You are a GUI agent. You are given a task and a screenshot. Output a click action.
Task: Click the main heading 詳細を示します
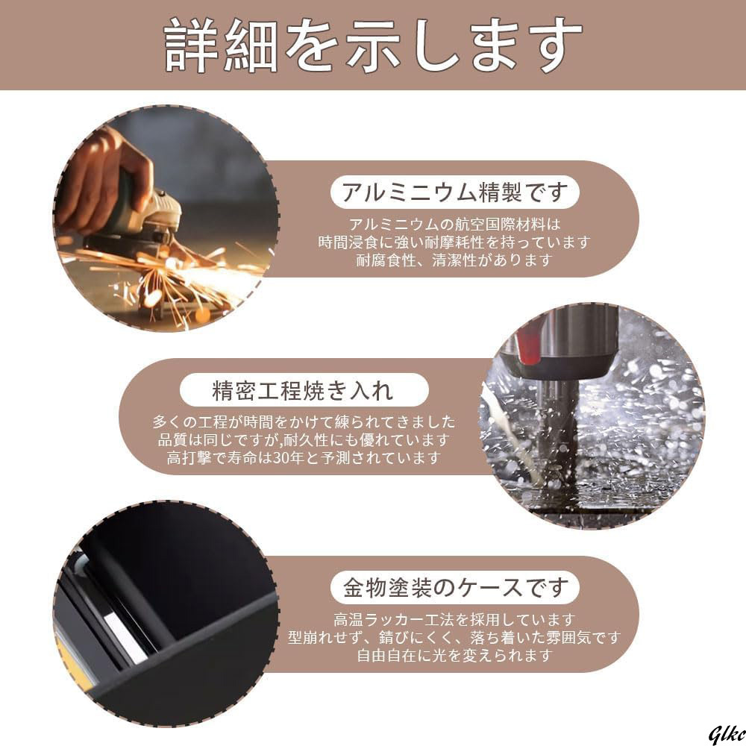pyautogui.click(x=373, y=45)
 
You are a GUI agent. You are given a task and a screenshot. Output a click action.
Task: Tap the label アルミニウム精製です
pyautogui.click(x=455, y=193)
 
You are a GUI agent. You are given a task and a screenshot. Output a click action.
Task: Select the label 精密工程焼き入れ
pyautogui.click(x=302, y=389)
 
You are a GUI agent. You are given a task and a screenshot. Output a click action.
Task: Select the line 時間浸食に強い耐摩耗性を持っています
pyautogui.click(x=454, y=242)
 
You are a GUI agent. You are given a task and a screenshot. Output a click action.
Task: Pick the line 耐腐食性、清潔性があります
pyautogui.click(x=454, y=260)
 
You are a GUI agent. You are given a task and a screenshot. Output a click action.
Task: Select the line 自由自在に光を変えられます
pyautogui.click(x=454, y=656)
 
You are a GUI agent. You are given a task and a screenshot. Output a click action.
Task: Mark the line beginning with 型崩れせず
pyautogui.click(x=454, y=638)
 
